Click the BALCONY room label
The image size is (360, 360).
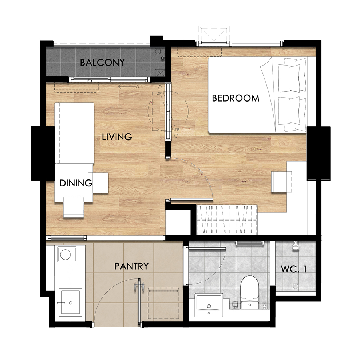click(x=102, y=62)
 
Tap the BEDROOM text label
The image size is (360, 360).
click(x=236, y=98)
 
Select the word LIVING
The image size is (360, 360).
click(x=117, y=137)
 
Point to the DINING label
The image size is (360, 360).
click(x=76, y=183)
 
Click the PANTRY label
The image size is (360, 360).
click(x=131, y=266)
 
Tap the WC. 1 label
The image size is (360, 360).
click(x=294, y=269)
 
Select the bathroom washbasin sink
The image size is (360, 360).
click(x=209, y=305)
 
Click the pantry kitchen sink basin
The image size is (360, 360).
click(x=70, y=302)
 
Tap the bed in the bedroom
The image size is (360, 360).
click(x=257, y=95)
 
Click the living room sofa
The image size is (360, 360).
click(x=74, y=133)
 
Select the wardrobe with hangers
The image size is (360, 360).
click(x=227, y=219)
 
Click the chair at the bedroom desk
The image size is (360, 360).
click(x=281, y=182)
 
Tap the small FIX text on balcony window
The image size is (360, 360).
click(x=90, y=81)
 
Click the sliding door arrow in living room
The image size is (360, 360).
click(x=128, y=87)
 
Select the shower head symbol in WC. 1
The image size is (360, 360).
click(x=295, y=245)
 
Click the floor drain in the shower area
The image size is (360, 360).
click(x=296, y=286)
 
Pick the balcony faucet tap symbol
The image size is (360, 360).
click(x=163, y=58)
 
